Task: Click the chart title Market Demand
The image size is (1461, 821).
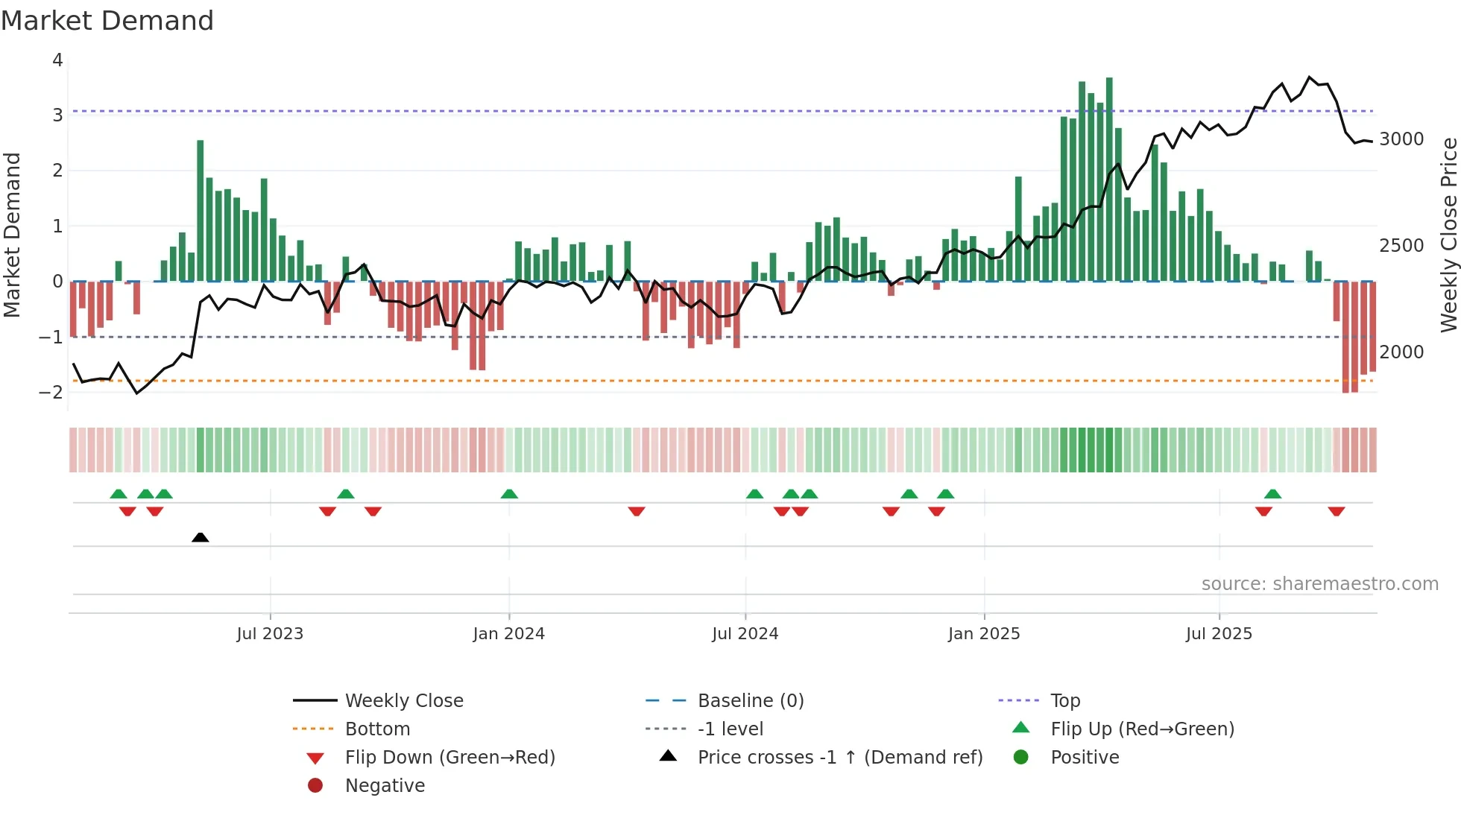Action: click(x=107, y=21)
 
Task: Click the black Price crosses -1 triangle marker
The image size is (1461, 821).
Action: click(x=200, y=537)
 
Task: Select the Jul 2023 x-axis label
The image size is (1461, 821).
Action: click(x=270, y=634)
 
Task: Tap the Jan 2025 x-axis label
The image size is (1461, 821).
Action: click(x=984, y=634)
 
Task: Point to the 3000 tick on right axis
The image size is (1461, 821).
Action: click(x=1401, y=139)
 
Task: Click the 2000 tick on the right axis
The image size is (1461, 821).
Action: click(x=1401, y=352)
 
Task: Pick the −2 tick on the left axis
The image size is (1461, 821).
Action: click(x=51, y=393)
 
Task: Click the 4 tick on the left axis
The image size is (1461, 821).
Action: click(x=57, y=60)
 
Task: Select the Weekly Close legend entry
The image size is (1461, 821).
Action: click(x=404, y=701)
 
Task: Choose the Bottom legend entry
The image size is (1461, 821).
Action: click(x=377, y=729)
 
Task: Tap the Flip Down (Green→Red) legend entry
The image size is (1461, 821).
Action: click(x=449, y=758)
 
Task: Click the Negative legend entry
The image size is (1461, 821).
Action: click(x=385, y=786)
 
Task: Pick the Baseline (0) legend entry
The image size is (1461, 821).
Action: click(x=751, y=701)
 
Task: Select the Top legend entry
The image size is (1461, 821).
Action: click(x=1065, y=701)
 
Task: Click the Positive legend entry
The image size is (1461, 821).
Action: click(x=1085, y=758)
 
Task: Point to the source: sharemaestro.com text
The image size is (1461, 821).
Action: click(x=1319, y=584)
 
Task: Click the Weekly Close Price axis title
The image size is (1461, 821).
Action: click(x=1448, y=235)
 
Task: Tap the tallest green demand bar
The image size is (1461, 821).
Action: click(x=1109, y=179)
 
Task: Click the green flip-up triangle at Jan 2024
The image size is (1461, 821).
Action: click(x=509, y=494)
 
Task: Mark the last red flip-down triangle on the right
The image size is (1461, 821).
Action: click(x=1336, y=511)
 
